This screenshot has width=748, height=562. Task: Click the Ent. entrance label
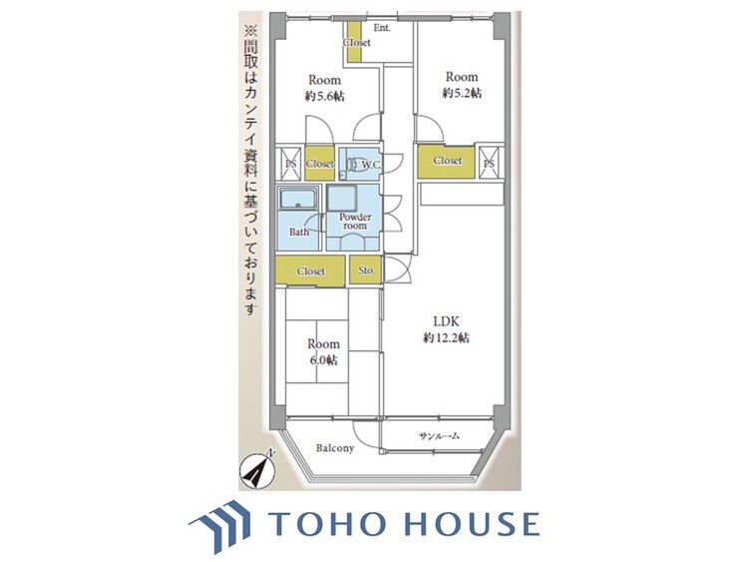382,28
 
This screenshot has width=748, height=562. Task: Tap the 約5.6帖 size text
324,96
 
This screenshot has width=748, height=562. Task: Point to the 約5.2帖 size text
462,93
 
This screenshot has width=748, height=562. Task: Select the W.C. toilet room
360,164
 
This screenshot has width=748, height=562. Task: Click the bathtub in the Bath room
298,199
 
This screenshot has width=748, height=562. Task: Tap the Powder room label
355,221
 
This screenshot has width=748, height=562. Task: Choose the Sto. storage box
366,271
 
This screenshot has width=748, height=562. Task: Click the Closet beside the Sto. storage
310,271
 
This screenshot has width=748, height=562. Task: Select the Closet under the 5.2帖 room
447,162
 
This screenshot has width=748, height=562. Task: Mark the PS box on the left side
290,164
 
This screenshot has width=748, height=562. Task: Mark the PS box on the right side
489,163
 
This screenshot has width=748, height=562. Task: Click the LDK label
446,321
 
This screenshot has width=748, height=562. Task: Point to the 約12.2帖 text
446,338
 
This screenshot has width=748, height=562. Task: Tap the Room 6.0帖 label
323,352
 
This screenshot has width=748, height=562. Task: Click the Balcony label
335,448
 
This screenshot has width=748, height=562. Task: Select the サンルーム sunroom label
439,435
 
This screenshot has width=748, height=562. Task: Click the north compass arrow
257,469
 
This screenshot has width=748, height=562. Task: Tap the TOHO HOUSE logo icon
219,525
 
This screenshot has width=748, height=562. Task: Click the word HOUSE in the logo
473,523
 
